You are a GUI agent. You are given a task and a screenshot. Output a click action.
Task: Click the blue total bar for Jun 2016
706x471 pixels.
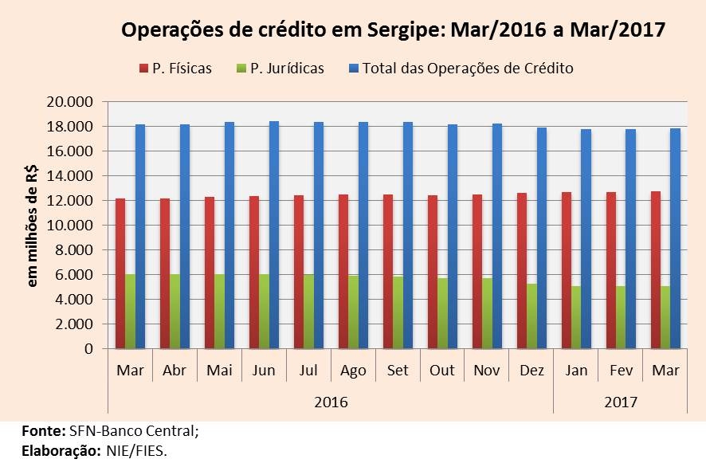coord(273,235)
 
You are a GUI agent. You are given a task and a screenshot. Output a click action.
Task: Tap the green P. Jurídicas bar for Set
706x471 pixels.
coord(398,312)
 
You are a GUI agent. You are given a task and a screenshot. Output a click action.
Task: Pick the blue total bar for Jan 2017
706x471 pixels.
coord(586,239)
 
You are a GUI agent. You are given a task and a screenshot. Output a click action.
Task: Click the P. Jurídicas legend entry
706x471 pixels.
coord(279,69)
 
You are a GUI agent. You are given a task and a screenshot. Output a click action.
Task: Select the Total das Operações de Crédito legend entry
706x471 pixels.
coord(461,69)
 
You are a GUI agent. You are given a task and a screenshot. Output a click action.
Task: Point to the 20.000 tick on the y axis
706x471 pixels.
coord(71,102)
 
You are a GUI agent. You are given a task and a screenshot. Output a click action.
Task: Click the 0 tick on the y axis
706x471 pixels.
coord(88,349)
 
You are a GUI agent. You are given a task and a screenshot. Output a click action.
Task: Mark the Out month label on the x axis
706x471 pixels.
coord(442,371)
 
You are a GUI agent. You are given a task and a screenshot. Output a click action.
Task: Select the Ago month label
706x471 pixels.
coord(353,371)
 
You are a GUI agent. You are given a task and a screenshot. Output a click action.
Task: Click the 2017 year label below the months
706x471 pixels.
coord(620,402)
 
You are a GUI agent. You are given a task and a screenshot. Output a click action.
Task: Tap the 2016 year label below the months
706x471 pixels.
coord(331,402)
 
